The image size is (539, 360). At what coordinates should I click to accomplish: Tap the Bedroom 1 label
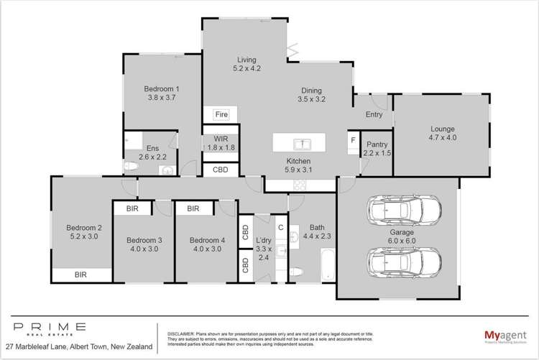pos(163,93)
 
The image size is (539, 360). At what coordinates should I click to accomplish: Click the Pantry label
pos(377,149)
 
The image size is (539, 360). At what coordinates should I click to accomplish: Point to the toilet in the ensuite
pos(132,167)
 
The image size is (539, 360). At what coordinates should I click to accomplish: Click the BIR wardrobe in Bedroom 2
pos(82,274)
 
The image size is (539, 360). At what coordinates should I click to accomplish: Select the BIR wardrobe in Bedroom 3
pos(132,208)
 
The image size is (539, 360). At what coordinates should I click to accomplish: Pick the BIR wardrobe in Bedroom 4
pos(193,208)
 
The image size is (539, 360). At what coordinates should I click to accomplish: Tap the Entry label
pos(374,114)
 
